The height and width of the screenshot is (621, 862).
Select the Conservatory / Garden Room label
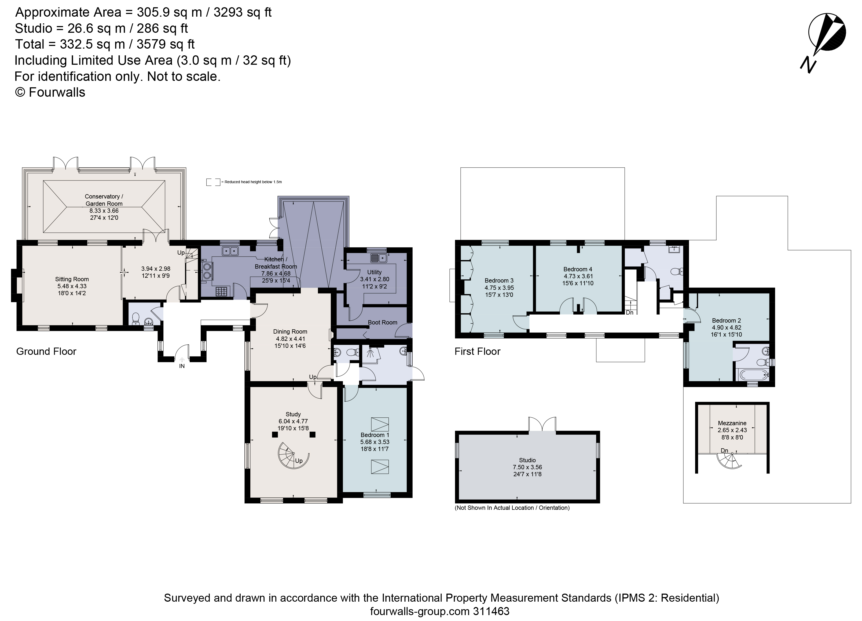104,200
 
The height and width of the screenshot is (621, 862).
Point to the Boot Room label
382,322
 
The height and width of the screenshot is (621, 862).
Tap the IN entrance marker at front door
182,366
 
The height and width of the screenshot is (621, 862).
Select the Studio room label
527,460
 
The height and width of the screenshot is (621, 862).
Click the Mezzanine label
732,423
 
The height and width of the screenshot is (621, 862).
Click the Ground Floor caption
46,351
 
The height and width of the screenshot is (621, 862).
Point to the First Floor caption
477,351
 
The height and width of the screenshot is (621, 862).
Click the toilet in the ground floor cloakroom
136,319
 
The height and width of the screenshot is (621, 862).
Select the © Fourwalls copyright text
50,92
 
